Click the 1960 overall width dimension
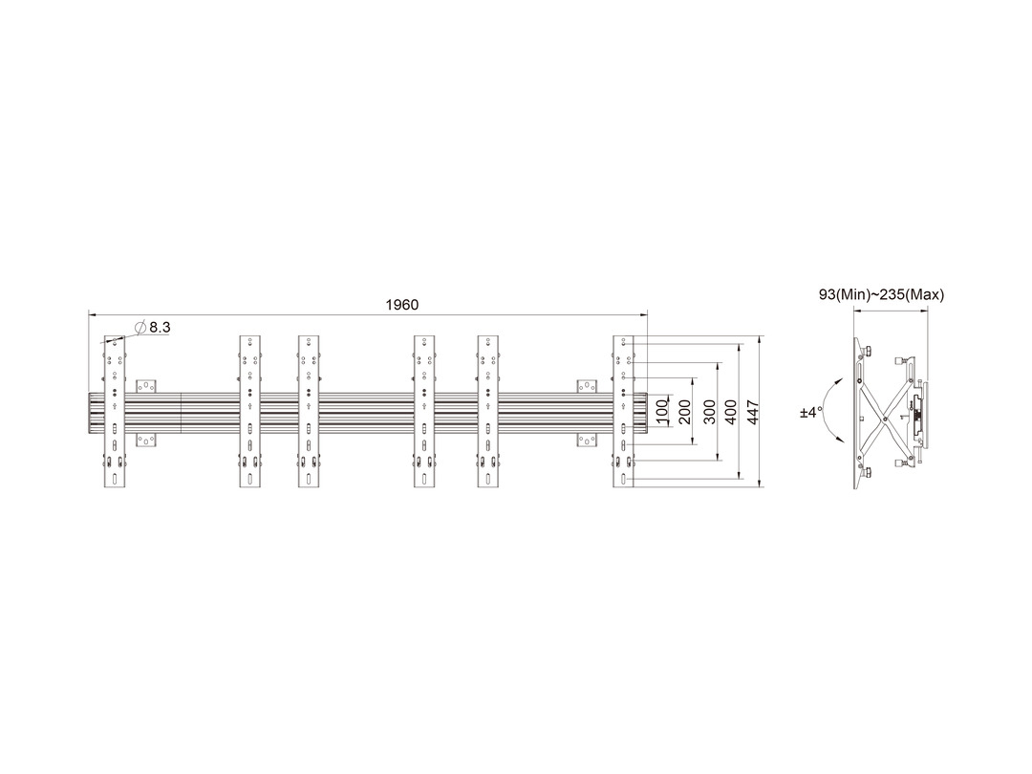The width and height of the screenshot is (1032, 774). [x=401, y=305]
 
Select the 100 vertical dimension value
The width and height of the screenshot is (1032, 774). [x=662, y=411]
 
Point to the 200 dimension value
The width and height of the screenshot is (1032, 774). [x=684, y=411]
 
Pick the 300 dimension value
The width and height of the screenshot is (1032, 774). [x=709, y=411]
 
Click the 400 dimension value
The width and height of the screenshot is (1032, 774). [x=731, y=411]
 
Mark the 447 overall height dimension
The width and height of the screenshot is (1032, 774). [x=754, y=411]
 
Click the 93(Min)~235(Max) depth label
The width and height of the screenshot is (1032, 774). [x=881, y=294]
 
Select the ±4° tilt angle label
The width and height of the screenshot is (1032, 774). [x=811, y=413]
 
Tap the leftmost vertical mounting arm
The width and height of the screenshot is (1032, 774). [x=116, y=412]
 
